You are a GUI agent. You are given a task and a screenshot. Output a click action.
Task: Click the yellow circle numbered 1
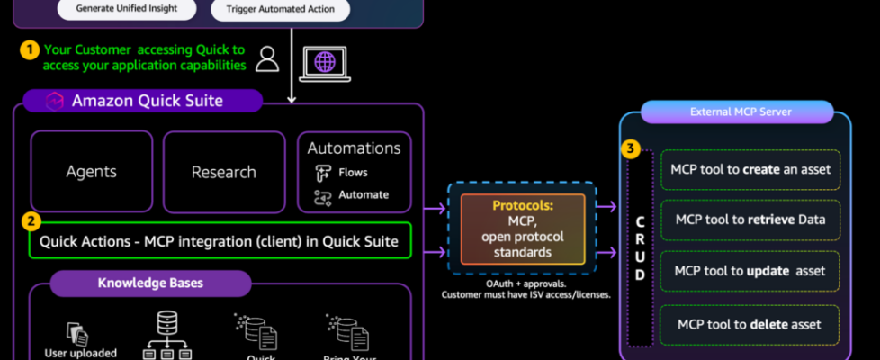point(29,50)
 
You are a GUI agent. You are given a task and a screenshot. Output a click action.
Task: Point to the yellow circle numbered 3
point(632,148)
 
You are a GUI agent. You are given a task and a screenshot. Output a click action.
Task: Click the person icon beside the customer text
point(267,58)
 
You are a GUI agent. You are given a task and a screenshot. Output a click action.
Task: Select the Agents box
point(92,172)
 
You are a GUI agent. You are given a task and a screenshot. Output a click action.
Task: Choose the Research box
point(224,172)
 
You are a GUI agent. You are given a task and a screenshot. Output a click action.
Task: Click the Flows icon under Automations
point(323,173)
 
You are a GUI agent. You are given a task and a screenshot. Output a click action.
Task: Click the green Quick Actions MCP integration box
point(220,241)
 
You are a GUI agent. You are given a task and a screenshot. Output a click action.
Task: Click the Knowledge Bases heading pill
point(149,283)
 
